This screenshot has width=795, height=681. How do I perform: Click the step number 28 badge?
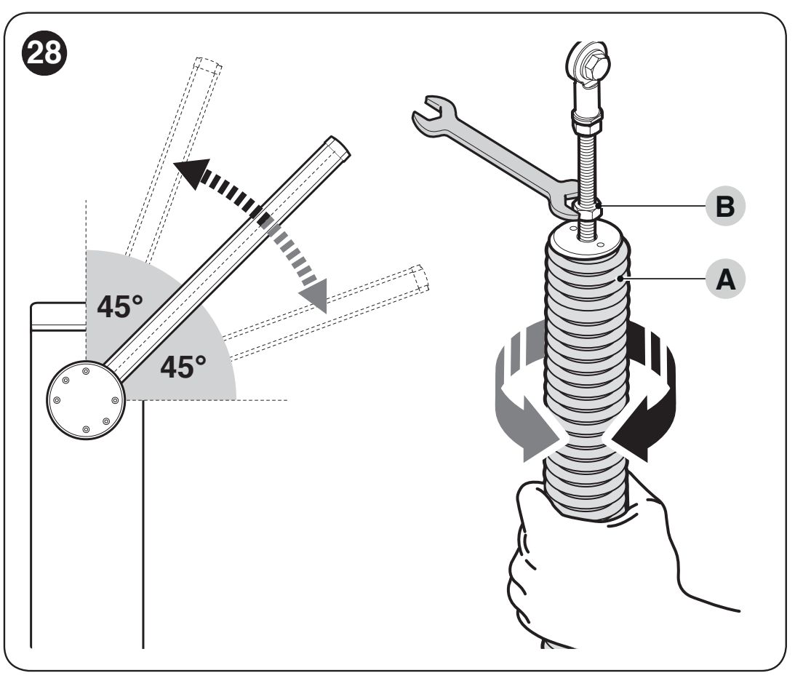[x=44, y=52]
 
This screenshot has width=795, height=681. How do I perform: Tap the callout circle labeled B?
[x=725, y=207]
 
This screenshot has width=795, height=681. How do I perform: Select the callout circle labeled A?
[x=725, y=279]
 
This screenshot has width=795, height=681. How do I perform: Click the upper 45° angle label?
[x=120, y=307]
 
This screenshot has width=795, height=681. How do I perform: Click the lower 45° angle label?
[x=183, y=367]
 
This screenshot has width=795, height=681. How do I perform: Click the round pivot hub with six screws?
[x=86, y=400]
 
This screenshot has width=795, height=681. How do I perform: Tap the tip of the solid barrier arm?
[x=339, y=146]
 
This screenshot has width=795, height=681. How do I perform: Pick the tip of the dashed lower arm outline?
[x=421, y=279]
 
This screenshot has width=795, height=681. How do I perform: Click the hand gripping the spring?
[x=599, y=568]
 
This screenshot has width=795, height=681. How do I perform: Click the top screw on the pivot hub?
[x=86, y=371]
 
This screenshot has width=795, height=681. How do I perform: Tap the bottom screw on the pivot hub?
[x=87, y=429]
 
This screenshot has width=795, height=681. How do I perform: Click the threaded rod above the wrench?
[x=587, y=163]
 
